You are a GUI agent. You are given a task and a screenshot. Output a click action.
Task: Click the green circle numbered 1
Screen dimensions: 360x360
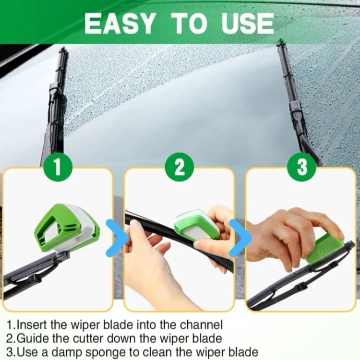pyautogui.click(x=58, y=167)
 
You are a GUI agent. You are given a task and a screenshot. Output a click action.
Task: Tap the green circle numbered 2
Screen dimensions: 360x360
pyautogui.click(x=180, y=167)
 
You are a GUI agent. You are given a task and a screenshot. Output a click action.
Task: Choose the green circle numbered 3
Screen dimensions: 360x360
pyautogui.click(x=302, y=167)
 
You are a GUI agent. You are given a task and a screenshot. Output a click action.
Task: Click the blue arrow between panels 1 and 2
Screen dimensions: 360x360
pyautogui.click(x=117, y=238)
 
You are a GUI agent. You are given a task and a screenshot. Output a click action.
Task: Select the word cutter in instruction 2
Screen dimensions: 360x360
pyautogui.click(x=87, y=338)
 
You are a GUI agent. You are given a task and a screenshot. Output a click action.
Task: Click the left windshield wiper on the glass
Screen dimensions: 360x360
pyautogui.click(x=55, y=103)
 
